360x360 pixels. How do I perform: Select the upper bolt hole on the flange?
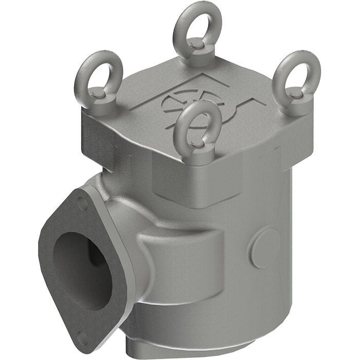pyautogui.click(x=82, y=203)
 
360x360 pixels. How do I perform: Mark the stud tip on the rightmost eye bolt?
pyautogui.click(x=293, y=92)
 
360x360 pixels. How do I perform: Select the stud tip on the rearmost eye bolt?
pyautogui.click(x=196, y=45)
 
